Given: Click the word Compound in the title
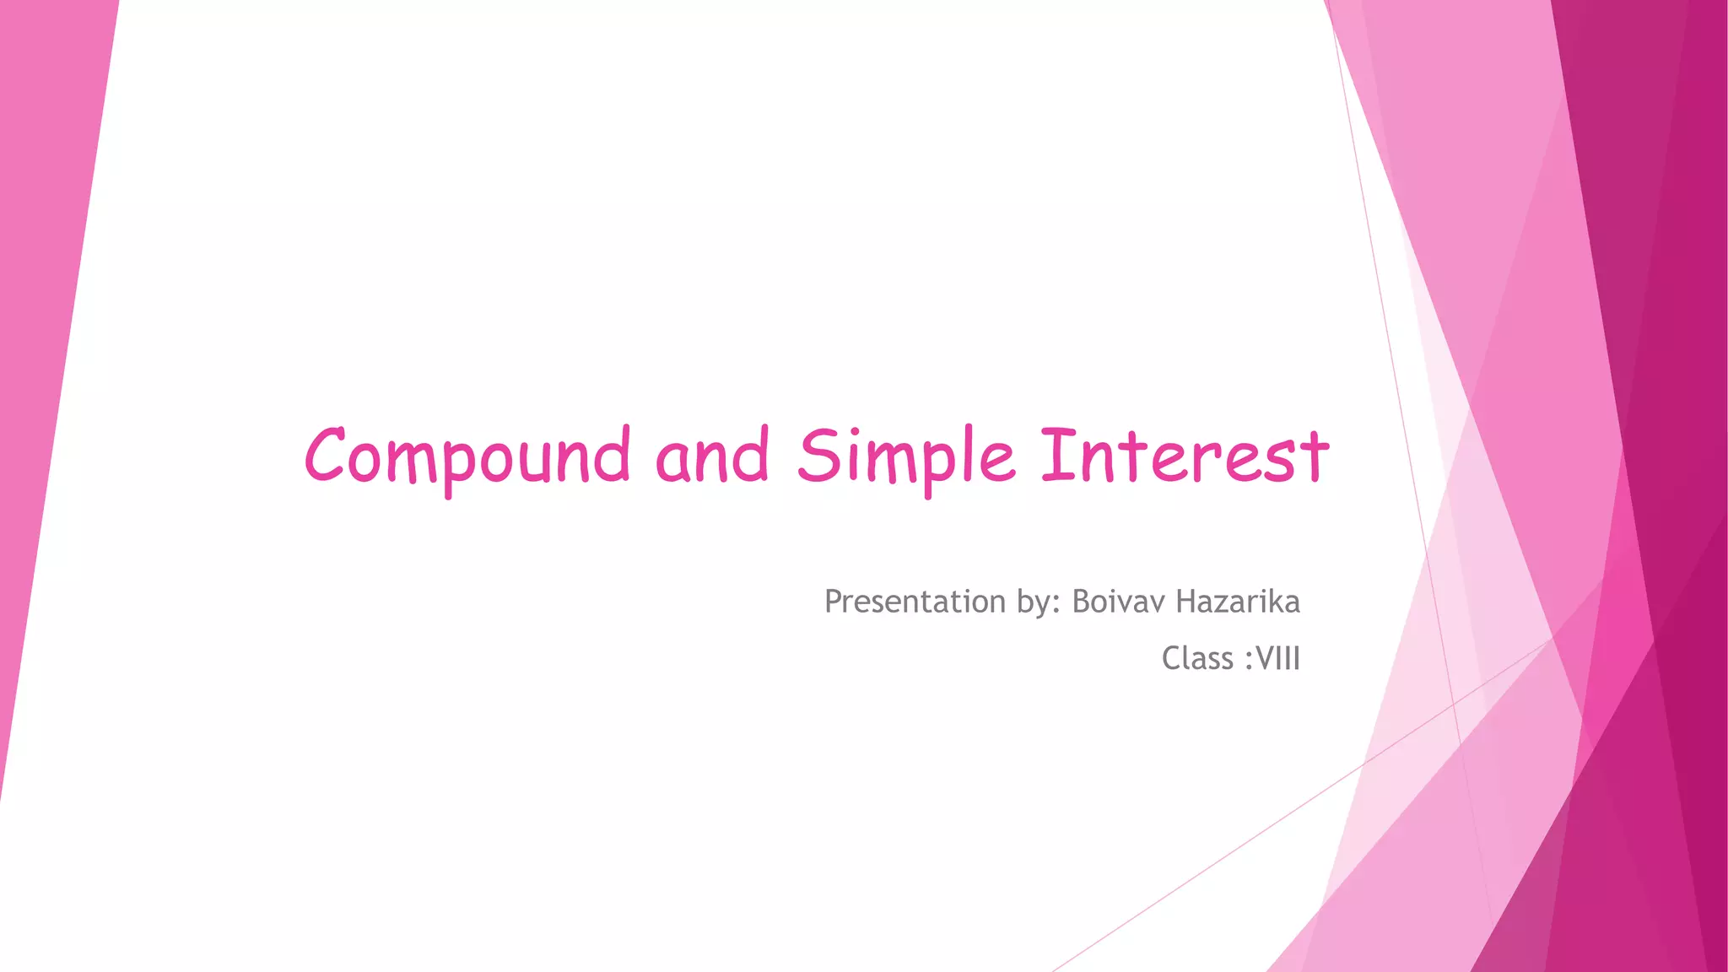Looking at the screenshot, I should click(467, 456).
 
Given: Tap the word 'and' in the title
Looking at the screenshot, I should click(712, 456).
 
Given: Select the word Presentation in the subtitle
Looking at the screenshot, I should click(915, 602).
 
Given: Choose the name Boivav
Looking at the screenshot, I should click(1119, 602).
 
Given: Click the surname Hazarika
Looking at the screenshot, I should click(1237, 602).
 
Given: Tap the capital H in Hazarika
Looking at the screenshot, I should click(1185, 602).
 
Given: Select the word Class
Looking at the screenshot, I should click(1196, 658).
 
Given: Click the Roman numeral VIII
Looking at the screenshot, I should click(1278, 658).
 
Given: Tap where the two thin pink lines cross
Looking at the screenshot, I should click(1453, 703).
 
